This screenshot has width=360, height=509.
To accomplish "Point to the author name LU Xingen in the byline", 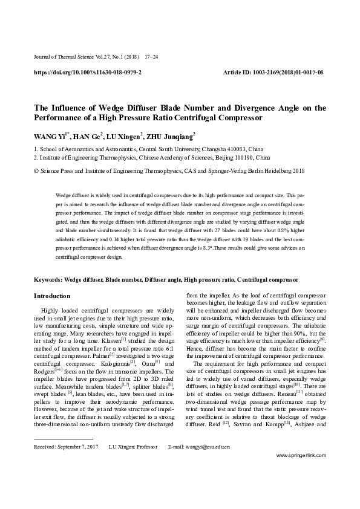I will pos(125,136).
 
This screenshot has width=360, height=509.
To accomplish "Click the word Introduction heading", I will pos(53,296).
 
